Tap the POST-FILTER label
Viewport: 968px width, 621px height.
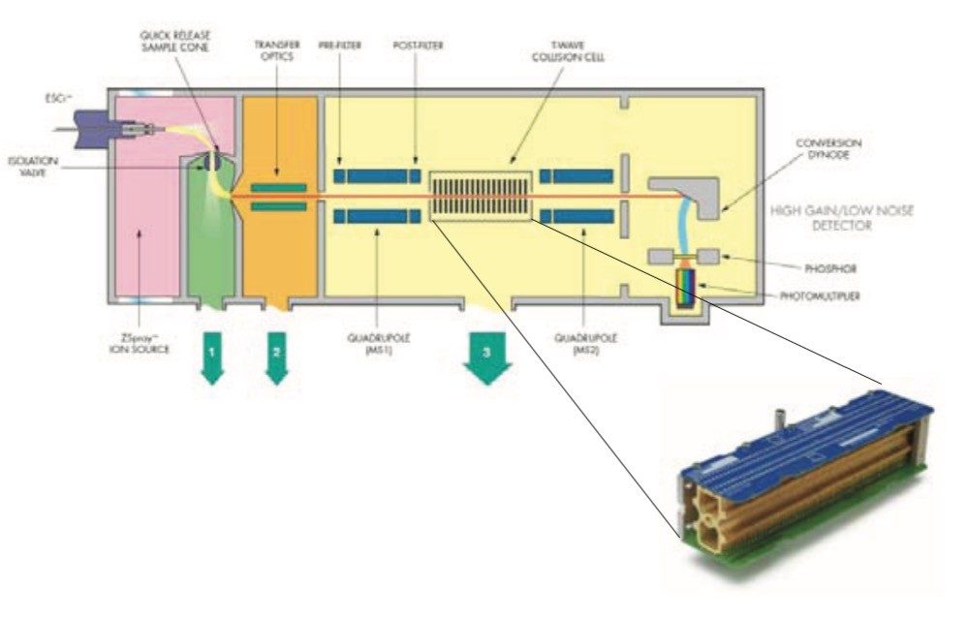[417, 45]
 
